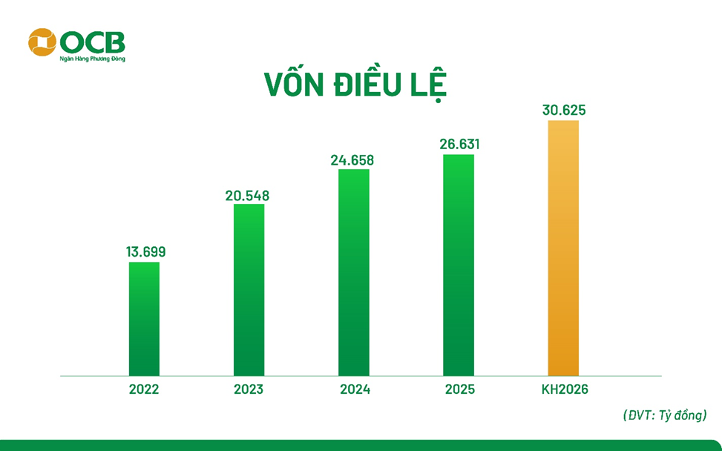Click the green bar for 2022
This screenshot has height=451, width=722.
144,319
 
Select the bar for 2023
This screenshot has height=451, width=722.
249,289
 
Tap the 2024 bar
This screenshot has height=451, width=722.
353,272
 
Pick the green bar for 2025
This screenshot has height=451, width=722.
459,265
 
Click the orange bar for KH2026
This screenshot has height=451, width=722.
563,248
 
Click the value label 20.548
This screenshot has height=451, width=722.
248,196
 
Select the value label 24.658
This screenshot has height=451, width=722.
353,160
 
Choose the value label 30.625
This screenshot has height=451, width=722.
563,111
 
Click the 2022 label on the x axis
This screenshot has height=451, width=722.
144,389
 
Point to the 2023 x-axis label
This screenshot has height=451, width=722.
249,389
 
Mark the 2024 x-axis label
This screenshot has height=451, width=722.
353,389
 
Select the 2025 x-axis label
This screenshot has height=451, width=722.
459,389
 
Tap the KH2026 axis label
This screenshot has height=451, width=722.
563,389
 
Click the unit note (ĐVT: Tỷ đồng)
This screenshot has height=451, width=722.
664,416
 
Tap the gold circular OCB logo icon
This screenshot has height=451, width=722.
42,42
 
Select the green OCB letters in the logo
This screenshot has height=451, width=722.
93,40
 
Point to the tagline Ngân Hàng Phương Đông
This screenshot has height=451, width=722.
92,59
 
